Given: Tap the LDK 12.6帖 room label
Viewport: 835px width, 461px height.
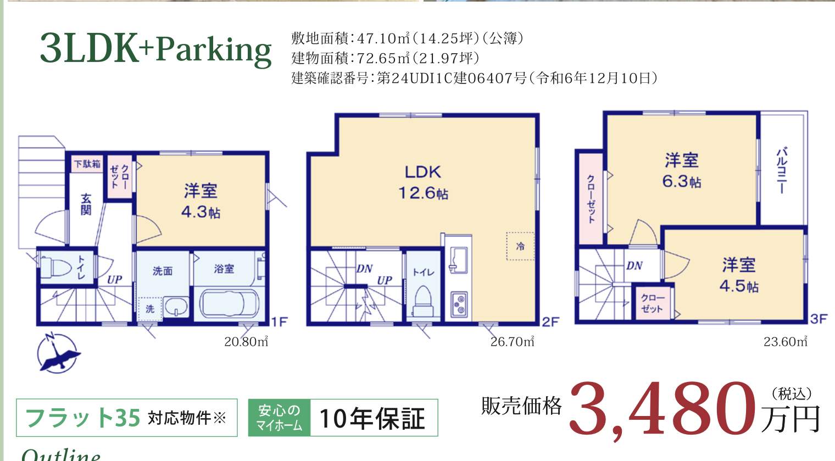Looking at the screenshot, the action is click(423, 182).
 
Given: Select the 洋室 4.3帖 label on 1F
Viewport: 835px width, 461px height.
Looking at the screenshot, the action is click(201, 201).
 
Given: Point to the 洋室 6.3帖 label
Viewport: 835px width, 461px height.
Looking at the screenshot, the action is click(681, 171).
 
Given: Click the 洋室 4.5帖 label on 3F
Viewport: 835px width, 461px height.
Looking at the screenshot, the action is click(739, 275).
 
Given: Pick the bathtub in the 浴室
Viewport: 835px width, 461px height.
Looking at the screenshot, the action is click(229, 304).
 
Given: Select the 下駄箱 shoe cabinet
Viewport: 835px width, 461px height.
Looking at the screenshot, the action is click(87, 164).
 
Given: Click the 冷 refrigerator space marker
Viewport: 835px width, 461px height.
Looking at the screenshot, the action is click(520, 246).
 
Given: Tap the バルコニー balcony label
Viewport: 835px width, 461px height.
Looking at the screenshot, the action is click(782, 171).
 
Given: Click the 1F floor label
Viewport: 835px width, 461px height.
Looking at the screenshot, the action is click(279, 322).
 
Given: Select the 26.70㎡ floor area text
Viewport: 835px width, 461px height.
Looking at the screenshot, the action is click(512, 341).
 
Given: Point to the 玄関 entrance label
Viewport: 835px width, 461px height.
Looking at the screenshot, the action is click(86, 204).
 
